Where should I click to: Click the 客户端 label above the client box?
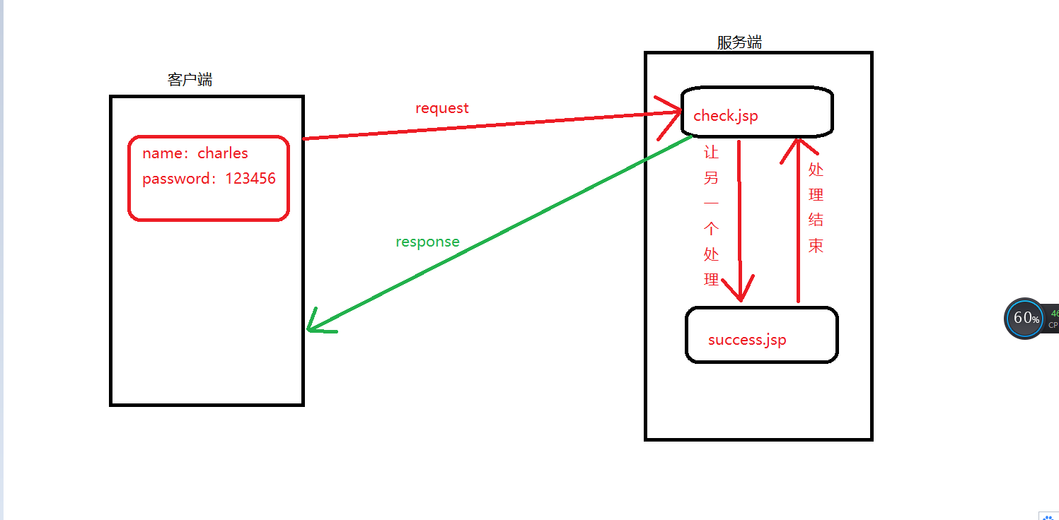190,79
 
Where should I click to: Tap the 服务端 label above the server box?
739,42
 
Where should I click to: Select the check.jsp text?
725,115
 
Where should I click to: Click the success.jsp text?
747,340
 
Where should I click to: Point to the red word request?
442,108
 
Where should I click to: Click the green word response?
427,242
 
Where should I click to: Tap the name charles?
223,153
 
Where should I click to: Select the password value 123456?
250,179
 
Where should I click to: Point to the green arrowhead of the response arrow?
315,325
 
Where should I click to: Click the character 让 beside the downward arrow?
712,153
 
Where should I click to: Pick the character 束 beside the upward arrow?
816,245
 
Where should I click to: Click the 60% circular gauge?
1024,318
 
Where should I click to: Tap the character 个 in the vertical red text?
712,229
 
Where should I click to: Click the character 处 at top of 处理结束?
816,170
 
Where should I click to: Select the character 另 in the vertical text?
712,178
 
